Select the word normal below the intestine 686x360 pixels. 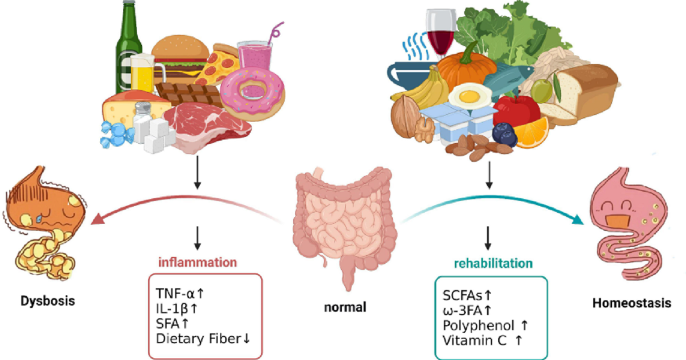tap(345, 307)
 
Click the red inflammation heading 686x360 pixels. tap(198, 262)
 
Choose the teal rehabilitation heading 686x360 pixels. tap(493, 264)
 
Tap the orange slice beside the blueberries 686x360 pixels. tap(531, 132)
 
